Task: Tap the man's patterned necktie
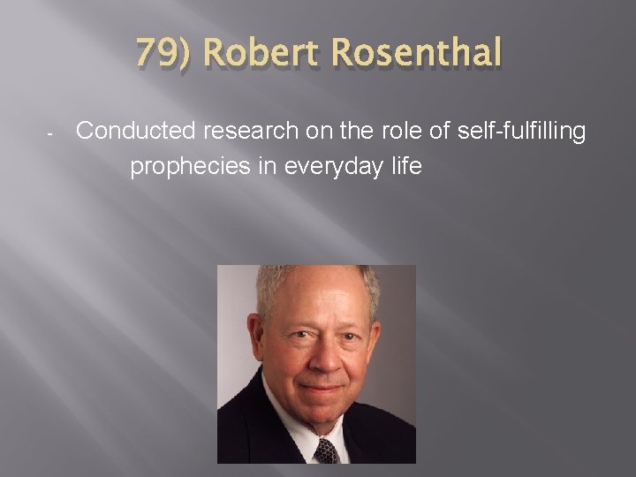point(325,450)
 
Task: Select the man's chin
point(319,408)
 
